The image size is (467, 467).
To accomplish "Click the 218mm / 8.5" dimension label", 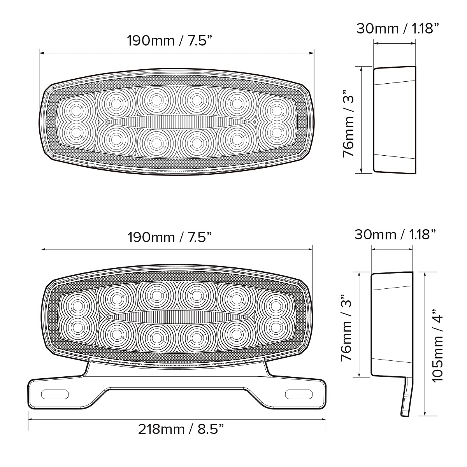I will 181,429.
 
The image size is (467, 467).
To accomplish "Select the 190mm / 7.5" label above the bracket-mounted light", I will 170,237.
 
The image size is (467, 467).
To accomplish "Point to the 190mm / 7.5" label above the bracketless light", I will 170,40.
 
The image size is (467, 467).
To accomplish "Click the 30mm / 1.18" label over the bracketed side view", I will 395,234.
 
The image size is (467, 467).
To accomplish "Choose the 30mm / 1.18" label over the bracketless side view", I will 398,28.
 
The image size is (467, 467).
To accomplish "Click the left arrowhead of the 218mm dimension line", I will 30,419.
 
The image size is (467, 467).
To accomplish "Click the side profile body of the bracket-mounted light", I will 391,324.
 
